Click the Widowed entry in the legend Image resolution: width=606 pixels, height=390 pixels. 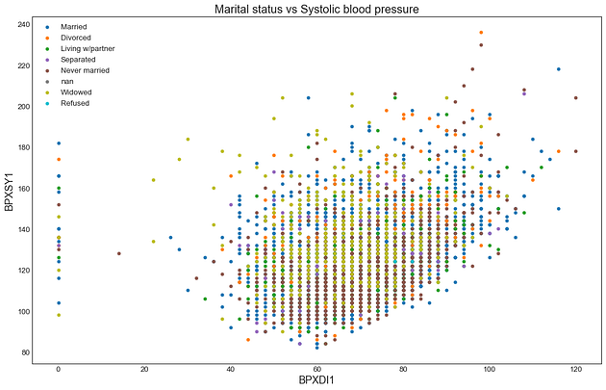(x=75, y=93)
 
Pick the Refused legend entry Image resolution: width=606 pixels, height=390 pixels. (x=74, y=104)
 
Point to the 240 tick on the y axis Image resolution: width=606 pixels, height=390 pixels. (x=21, y=23)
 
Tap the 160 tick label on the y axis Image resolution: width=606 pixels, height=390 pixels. (x=21, y=189)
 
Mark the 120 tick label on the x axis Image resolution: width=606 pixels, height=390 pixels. (x=575, y=370)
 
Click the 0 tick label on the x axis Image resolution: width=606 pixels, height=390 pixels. (x=58, y=370)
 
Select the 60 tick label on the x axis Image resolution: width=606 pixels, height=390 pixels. (x=316, y=370)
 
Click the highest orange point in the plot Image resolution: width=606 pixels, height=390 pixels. (x=481, y=33)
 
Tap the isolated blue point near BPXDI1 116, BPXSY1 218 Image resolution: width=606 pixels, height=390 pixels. (x=559, y=69)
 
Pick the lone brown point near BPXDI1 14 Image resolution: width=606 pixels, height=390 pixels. (x=118, y=253)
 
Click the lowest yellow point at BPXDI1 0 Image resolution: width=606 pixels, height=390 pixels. (x=58, y=316)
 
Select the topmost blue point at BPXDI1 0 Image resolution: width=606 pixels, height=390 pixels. (x=58, y=143)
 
